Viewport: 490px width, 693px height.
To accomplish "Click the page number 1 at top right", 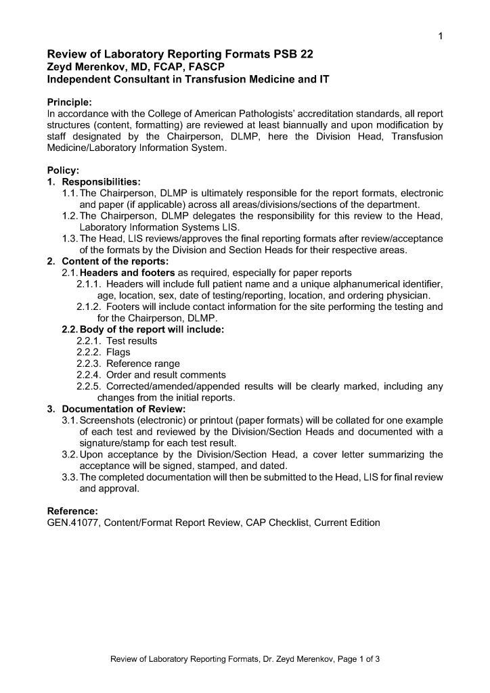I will click(x=440, y=36).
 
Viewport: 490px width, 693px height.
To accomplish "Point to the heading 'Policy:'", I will click(x=63, y=171).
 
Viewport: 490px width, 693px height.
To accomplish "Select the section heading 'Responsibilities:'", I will click(x=102, y=182).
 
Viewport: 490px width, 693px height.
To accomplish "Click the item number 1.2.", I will click(x=70, y=216).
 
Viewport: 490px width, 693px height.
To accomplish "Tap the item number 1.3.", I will click(x=70, y=239).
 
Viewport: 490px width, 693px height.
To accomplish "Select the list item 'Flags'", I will click(x=118, y=353).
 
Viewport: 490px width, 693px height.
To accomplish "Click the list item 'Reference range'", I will click(x=143, y=363).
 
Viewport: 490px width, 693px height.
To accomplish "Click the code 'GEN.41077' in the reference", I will click(x=71, y=522).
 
